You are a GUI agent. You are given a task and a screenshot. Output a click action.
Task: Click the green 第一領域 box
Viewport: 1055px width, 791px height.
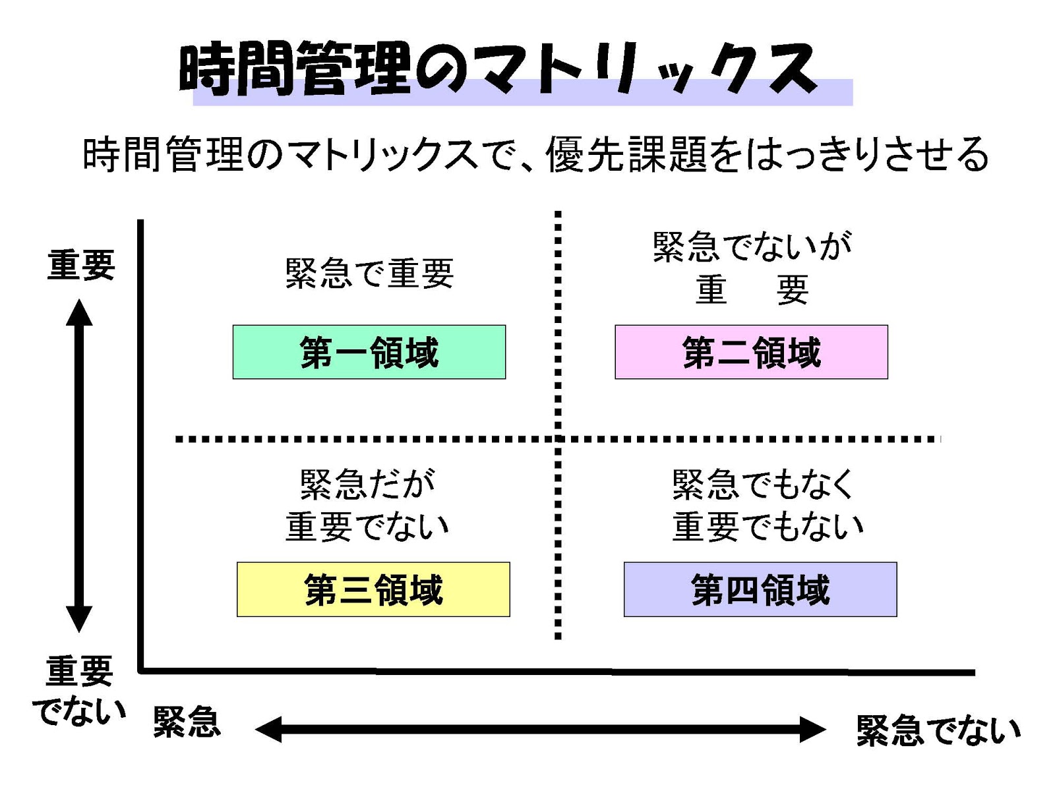tap(369, 352)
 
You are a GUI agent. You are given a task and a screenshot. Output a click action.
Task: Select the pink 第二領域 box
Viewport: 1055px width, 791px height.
tap(751, 352)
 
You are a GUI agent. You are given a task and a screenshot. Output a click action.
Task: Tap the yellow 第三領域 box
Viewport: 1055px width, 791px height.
tap(373, 589)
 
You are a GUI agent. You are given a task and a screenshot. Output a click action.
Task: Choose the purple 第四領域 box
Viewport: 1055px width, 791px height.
tap(760, 589)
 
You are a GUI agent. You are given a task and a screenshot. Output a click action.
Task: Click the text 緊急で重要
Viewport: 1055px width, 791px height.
tap(369, 273)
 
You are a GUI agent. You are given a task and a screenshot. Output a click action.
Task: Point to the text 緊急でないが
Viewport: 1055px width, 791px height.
tap(752, 247)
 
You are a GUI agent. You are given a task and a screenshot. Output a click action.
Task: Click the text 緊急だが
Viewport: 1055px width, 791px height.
tap(367, 484)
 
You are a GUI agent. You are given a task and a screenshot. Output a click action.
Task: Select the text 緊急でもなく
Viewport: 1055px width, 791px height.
tap(763, 484)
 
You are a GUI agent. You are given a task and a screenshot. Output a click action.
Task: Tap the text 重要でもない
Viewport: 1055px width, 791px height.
tap(768, 527)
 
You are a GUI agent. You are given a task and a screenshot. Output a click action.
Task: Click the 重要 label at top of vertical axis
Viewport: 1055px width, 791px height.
tap(81, 265)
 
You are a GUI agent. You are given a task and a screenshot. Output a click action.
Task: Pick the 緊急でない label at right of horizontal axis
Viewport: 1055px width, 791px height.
tap(938, 730)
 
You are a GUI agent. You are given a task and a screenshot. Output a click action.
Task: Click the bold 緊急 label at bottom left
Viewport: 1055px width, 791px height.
tap(187, 722)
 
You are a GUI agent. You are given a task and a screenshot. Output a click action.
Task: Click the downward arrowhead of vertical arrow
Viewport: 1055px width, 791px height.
tap(79, 620)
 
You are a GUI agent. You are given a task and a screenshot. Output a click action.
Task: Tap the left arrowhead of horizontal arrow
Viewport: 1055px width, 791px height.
tap(268, 730)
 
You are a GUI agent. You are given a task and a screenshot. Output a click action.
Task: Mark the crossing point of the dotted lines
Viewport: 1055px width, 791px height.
tap(558, 438)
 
